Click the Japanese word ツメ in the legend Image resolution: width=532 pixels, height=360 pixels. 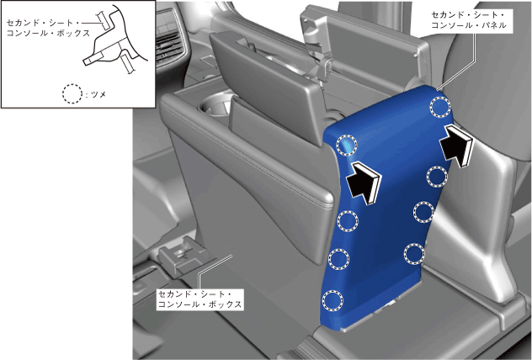coord(98,94)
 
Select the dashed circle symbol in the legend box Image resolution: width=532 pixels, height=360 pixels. coord(72,93)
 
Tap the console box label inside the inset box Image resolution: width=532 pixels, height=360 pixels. coord(48,28)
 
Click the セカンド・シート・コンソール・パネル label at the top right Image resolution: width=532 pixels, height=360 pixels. coord(469,20)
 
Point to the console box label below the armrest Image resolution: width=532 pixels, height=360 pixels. coord(200,299)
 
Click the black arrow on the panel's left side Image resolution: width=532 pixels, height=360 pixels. coord(364,183)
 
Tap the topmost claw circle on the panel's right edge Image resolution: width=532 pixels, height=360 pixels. coord(440,107)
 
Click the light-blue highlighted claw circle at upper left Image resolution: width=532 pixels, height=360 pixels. coord(347,145)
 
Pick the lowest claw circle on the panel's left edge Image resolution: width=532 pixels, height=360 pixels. coord(332,300)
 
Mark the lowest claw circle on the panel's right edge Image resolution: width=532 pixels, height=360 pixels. coord(414,254)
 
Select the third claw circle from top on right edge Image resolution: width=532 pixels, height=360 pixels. coord(423,212)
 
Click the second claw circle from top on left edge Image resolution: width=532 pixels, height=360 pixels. coord(348,221)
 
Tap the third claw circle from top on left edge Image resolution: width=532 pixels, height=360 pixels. coord(339,259)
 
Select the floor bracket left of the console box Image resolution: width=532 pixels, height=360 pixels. coord(183,254)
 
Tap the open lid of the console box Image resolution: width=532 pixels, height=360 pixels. coord(264,87)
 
